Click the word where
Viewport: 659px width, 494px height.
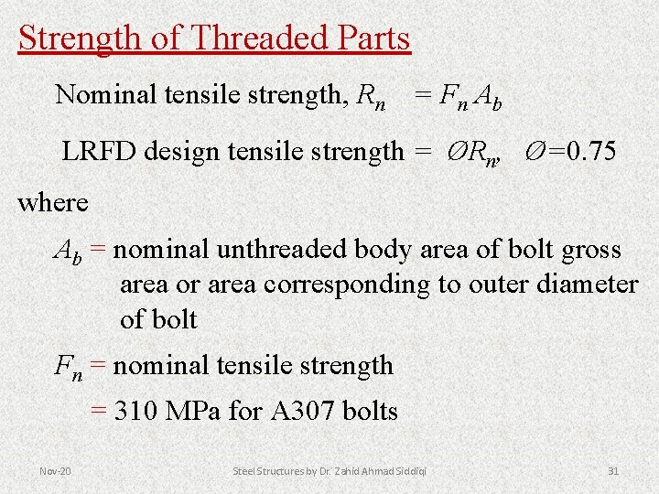click(53, 202)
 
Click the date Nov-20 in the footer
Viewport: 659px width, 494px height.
click(56, 470)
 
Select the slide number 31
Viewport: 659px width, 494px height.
click(613, 470)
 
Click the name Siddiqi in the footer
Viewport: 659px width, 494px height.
click(409, 470)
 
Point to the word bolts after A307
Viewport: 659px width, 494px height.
click(370, 412)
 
